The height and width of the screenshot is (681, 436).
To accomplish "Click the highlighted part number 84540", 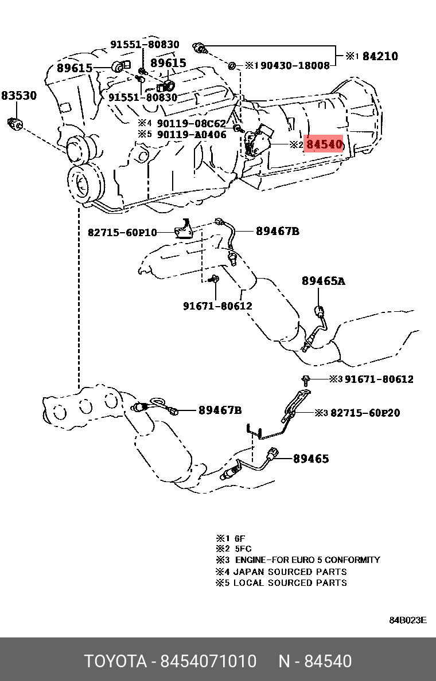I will (x=324, y=144).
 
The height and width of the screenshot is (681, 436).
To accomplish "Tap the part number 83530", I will (x=18, y=96).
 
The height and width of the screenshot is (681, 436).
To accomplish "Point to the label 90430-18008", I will (x=295, y=66).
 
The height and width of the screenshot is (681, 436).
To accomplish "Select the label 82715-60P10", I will (x=122, y=232).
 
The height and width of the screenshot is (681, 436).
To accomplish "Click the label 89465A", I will (x=324, y=281).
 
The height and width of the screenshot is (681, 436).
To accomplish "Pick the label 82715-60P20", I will (x=365, y=413).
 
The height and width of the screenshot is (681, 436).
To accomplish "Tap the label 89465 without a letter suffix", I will (x=311, y=459).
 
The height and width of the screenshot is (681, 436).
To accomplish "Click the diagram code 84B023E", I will (x=408, y=620).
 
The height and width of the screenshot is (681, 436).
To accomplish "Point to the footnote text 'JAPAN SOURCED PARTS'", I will (x=290, y=572).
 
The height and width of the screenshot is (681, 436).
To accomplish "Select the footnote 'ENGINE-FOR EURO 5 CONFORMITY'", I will (x=307, y=560).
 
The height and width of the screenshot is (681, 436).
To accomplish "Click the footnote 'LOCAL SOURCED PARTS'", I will (x=290, y=583).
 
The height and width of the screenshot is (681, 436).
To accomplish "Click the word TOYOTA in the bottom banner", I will (x=115, y=662).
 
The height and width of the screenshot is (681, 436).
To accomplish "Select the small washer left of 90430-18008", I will (x=232, y=65).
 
